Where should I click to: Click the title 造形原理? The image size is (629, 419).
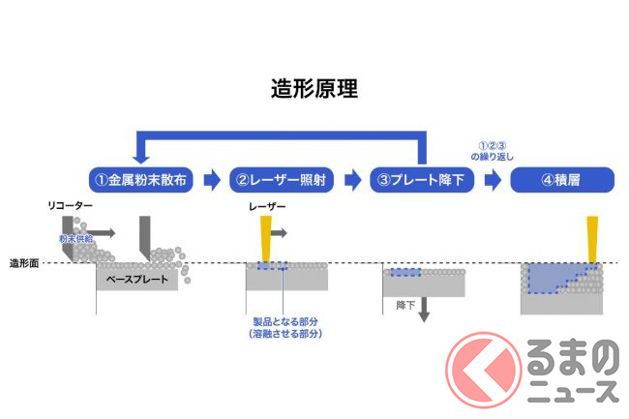tap(314, 89)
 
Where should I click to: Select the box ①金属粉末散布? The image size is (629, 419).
tap(141, 179)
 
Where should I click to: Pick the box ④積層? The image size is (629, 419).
tap(562, 179)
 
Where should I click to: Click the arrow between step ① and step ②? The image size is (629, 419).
tap(211, 179)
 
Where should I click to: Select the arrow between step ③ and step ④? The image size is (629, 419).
tap(493, 179)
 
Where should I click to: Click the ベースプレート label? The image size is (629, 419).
tap(135, 281)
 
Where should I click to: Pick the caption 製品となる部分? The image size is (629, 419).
tap(284, 321)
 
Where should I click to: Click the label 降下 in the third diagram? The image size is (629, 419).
tap(405, 305)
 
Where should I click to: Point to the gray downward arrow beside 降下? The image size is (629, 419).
tap(423, 310)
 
